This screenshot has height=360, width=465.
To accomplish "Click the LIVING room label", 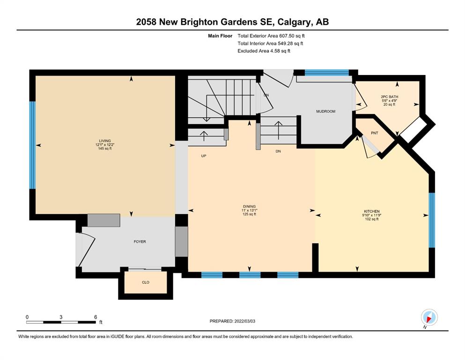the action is pos(105,141).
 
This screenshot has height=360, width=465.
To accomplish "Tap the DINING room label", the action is pos(249,207).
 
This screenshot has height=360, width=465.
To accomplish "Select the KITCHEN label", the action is pos(372,211).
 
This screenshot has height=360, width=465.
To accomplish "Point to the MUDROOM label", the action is pos(325,111).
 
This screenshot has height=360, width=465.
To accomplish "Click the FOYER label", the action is pos(140,241).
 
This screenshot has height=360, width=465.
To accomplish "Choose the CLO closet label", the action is pos(146,282).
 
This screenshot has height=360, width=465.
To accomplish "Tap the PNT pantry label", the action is pos(375,133).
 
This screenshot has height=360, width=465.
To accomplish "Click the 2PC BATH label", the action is pos(390,97).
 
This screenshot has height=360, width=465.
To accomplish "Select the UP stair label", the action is pos(204,156).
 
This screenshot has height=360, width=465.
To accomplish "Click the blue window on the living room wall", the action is pos(32,145).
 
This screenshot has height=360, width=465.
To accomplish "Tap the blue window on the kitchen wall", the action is pos(432,220).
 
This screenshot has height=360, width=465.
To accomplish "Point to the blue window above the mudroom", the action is pos(327,73).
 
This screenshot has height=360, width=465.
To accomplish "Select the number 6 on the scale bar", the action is pos(96,317).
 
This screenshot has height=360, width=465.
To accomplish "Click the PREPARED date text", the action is pos(232,321).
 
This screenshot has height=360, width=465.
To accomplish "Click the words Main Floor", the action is pos(220,36).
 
